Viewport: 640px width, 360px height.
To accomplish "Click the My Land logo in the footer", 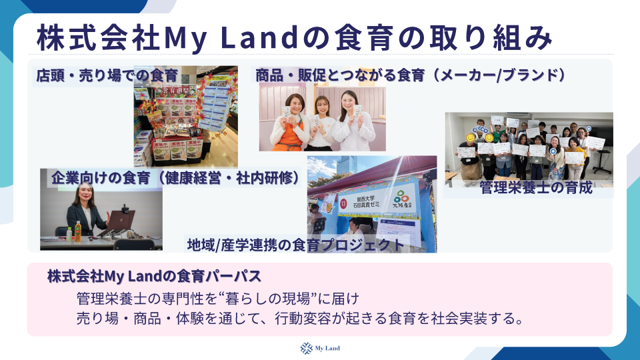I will pyautogui.click(x=319, y=347).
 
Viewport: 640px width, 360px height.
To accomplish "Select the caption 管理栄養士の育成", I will pyautogui.click(x=536, y=188).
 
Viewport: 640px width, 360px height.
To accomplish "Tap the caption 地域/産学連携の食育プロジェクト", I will pyautogui.click(x=295, y=245).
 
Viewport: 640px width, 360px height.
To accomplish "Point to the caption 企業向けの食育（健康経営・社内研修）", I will pyautogui.click(x=175, y=178).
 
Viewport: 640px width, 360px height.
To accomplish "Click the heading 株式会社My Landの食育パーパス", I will pyautogui.click(x=153, y=276).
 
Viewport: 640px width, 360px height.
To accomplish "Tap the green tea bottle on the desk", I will pyautogui.click(x=77, y=231).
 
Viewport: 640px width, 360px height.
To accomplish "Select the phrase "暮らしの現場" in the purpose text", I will pyautogui.click(x=265, y=297).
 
